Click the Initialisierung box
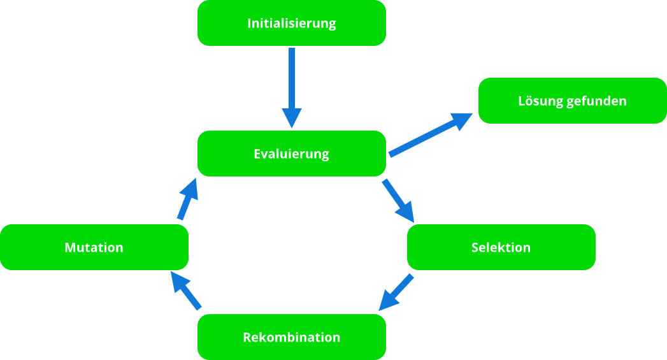pos(291,23)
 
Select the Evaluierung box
pos(291,154)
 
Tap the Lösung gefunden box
pos(572,101)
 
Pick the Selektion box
pos(501,247)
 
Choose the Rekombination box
pos(291,337)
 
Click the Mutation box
pos(94,247)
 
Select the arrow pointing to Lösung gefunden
pos(427,136)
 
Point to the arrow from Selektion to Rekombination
pos(397,293)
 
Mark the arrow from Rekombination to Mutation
pos(187,291)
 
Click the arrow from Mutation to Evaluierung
pos(185,200)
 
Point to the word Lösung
pos(538,101)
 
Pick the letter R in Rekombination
pos(247,337)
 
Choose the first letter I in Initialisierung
pos(249,24)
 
